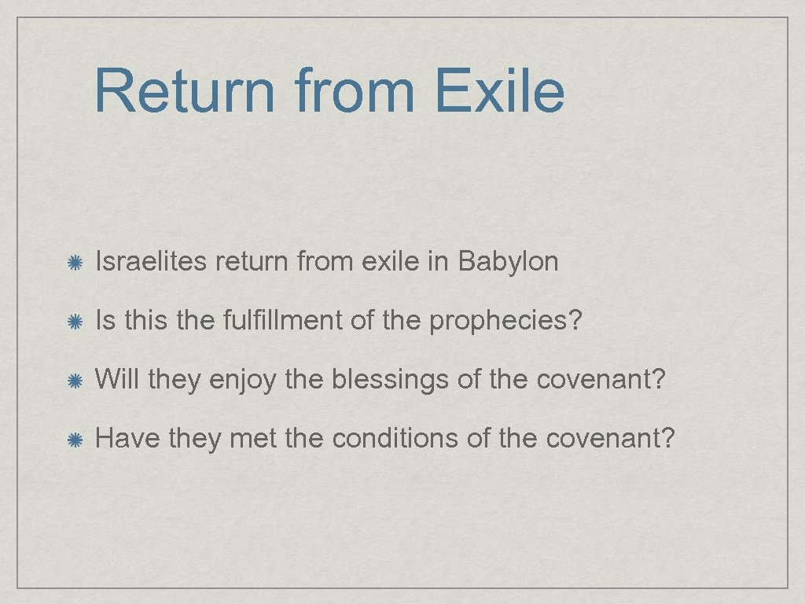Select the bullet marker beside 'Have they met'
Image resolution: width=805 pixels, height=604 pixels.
coord(76,440)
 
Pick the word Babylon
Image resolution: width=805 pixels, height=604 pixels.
coord(508,262)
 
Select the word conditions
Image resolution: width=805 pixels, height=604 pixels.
coord(395,438)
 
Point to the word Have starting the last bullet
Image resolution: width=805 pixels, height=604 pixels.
coord(127,438)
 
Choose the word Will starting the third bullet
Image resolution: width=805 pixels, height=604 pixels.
coord(117,380)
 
